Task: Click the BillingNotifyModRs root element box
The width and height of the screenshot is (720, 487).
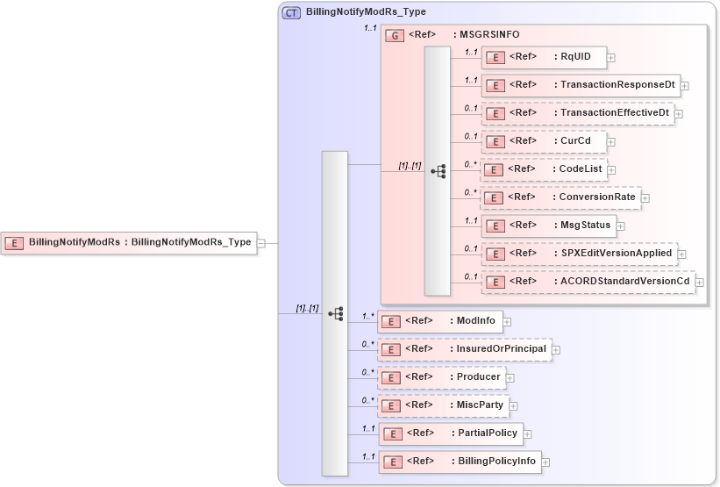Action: point(129,242)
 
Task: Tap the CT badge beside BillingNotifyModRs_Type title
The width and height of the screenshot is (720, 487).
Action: point(291,13)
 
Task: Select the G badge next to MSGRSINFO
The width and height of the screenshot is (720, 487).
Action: point(396,35)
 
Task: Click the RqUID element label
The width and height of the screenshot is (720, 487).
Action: point(574,57)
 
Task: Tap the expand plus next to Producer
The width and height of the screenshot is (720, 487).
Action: point(510,378)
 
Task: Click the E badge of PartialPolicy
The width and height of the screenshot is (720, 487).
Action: point(394,433)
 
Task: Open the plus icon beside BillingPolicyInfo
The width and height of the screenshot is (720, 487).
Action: point(545,462)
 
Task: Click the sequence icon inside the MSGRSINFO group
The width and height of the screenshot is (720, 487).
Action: point(438,171)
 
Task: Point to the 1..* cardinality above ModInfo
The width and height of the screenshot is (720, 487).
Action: point(368,315)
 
